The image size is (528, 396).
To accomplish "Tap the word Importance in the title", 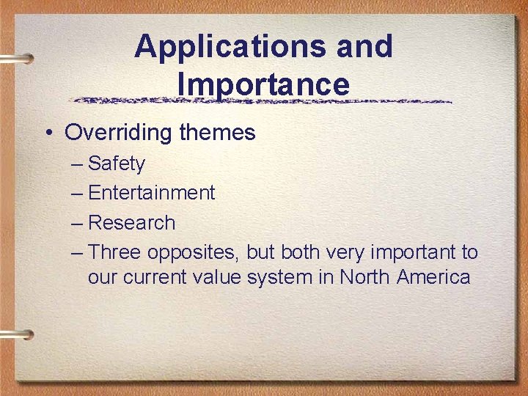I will (x=263, y=84).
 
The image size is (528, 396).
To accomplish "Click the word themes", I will (x=217, y=133).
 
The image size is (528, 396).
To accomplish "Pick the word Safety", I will (x=117, y=164).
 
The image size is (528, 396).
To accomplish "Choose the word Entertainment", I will (x=151, y=193).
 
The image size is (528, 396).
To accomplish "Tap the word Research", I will (x=131, y=223).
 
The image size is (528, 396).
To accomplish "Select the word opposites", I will (x=194, y=254).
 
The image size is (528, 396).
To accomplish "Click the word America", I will (x=433, y=277).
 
